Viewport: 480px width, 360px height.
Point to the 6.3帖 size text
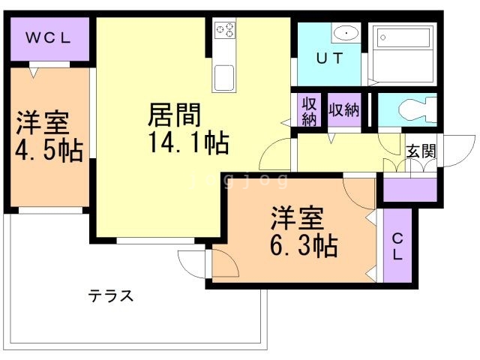point(303,244)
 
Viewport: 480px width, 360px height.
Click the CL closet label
point(397,245)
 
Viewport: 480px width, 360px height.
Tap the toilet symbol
point(416,110)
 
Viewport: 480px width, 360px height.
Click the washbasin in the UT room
point(345,32)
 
